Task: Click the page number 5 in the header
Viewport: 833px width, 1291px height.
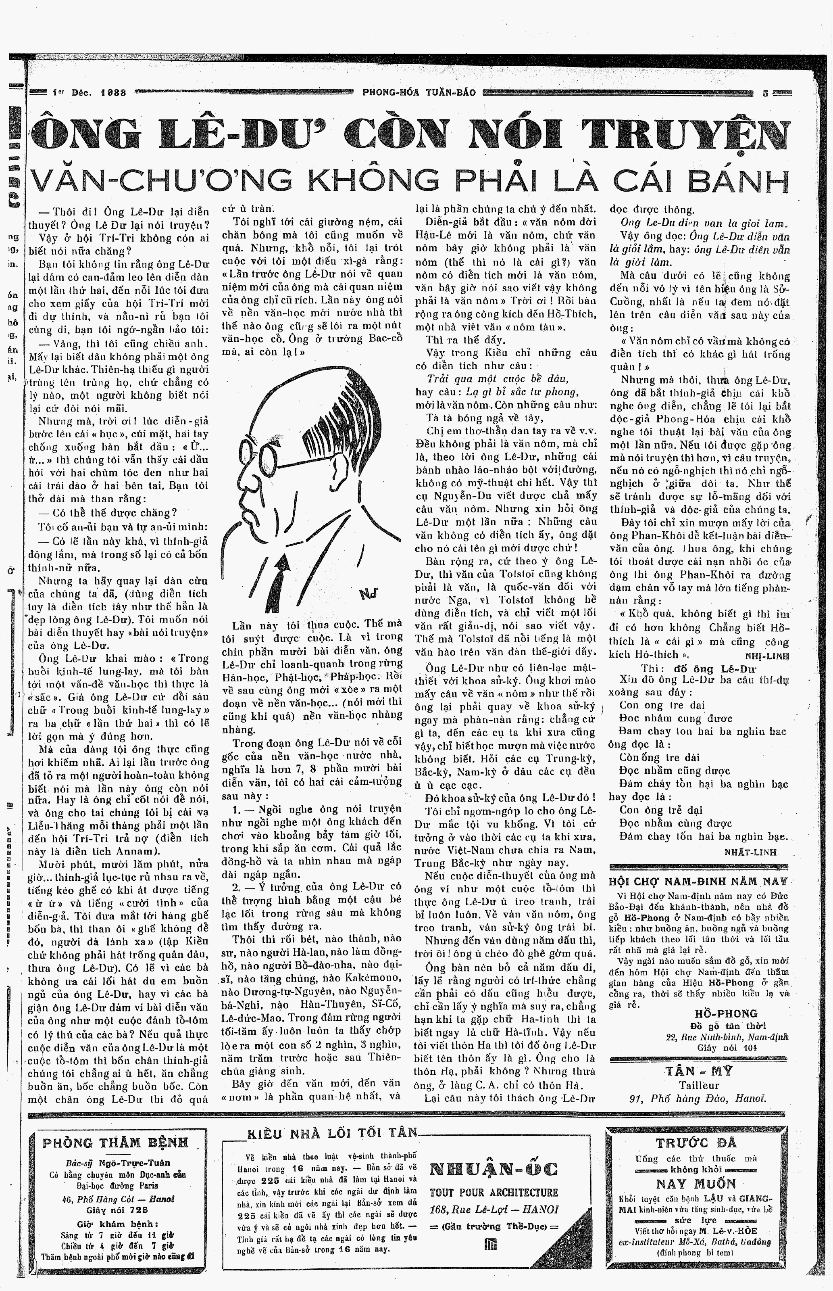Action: coord(765,92)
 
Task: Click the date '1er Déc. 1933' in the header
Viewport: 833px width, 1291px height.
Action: coord(90,92)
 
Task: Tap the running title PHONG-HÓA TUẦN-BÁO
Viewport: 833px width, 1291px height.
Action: coord(419,92)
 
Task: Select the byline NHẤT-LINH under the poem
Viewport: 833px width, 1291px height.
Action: coord(750,852)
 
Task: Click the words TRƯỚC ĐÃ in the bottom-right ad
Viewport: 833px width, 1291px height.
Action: coord(696,1143)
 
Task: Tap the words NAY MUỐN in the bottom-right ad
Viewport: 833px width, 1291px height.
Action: coord(696,1183)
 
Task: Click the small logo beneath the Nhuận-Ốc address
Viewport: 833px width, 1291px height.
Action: coord(491,1230)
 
